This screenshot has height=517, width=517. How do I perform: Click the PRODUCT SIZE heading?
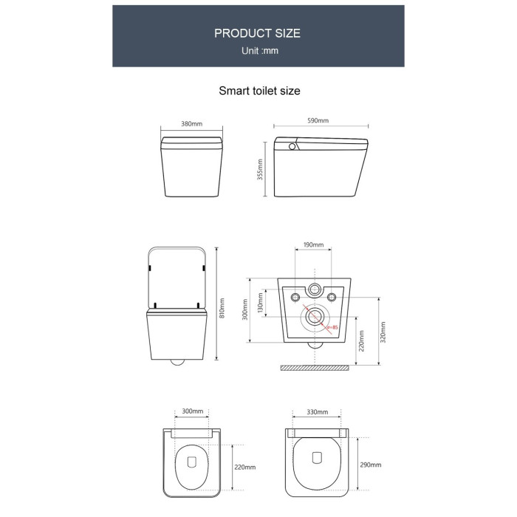[x=257, y=33]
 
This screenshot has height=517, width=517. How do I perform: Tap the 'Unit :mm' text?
[x=260, y=51]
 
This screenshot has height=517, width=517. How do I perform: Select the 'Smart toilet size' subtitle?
[x=259, y=91]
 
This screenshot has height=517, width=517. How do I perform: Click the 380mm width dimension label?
[x=191, y=124]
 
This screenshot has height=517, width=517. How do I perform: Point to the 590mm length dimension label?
[x=318, y=120]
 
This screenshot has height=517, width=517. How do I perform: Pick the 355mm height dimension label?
[x=260, y=169]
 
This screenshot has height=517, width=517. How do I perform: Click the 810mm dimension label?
[x=222, y=308]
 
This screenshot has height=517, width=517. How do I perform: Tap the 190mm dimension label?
[x=313, y=245]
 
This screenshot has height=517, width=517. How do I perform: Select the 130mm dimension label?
[x=261, y=303]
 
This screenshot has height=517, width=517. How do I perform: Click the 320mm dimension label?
[x=383, y=332]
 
